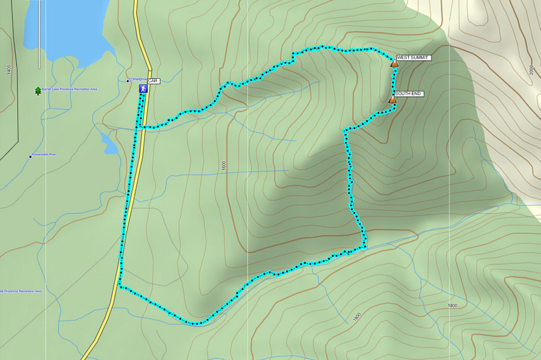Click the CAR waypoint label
153,81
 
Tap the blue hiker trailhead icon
143,88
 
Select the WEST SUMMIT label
413,58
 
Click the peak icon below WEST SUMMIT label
394,63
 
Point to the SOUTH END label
409,94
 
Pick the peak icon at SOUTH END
392,100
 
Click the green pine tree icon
38,91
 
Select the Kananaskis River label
44,155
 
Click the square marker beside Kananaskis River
30,157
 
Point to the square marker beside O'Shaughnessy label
127,81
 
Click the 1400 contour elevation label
9,70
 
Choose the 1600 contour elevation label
224,165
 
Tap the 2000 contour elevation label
532,70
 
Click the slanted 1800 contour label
357,316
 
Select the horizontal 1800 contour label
453,306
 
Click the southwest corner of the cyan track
120,287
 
